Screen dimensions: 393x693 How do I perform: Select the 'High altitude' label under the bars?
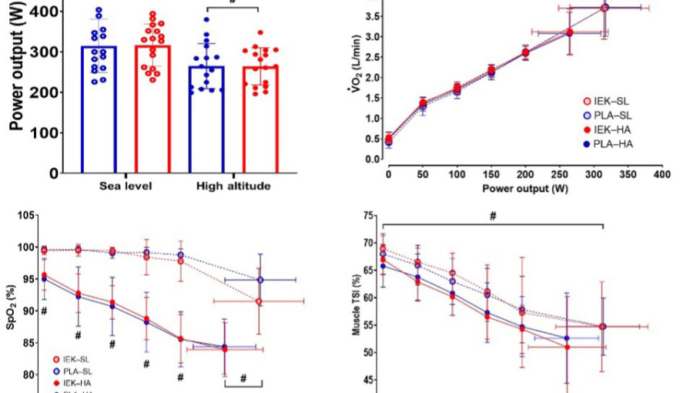click(x=233, y=186)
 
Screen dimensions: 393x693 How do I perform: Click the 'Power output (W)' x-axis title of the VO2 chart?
click(x=524, y=187)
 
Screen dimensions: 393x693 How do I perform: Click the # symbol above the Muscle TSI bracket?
click(x=493, y=217)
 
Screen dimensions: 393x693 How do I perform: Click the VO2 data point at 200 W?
click(x=525, y=53)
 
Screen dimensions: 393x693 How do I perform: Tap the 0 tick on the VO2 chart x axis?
click(x=388, y=175)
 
